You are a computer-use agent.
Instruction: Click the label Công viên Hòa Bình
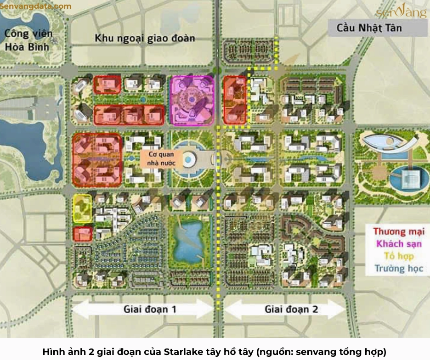[x=28, y=40]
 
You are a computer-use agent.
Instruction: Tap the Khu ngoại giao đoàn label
[x=145, y=38]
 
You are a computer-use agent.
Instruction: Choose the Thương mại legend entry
[x=397, y=232]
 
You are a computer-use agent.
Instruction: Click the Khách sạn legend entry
[x=398, y=244]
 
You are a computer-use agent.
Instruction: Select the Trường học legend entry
[x=398, y=269]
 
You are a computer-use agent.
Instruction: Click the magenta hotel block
[x=192, y=100]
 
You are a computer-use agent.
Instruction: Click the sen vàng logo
[x=401, y=12]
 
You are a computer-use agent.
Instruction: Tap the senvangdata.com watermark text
[x=36, y=6]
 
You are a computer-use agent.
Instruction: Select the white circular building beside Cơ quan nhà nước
[x=189, y=159]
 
